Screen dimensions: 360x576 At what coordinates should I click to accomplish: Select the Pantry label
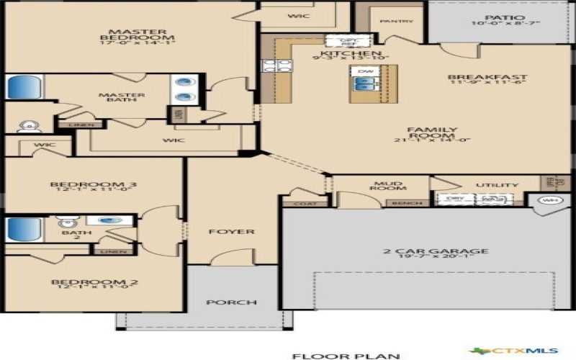coord(396,21)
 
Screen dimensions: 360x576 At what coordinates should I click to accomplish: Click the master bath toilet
coord(27,126)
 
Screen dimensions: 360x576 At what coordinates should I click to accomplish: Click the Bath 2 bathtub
coord(24,230)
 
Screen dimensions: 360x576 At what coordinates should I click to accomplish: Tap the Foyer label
coord(231,232)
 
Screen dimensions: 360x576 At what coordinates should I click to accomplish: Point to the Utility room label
coord(492,185)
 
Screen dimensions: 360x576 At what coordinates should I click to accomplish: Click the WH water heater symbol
coord(552,200)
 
